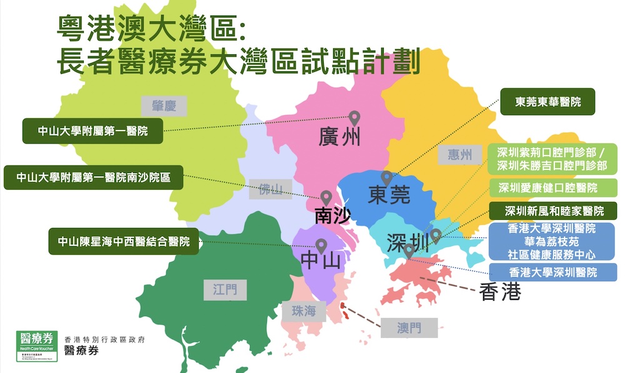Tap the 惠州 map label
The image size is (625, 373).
459,154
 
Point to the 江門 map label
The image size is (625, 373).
225,289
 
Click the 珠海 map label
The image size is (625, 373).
302,311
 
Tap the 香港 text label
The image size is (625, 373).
499,292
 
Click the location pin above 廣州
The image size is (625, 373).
354,117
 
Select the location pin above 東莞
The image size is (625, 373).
387,178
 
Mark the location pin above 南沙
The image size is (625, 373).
326,197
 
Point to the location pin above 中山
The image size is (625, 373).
321,246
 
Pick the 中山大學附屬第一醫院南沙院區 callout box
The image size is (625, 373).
94,177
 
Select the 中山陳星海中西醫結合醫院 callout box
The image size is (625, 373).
123,241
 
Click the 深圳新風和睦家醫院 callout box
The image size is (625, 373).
552,211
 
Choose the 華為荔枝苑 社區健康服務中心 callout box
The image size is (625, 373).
552,241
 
